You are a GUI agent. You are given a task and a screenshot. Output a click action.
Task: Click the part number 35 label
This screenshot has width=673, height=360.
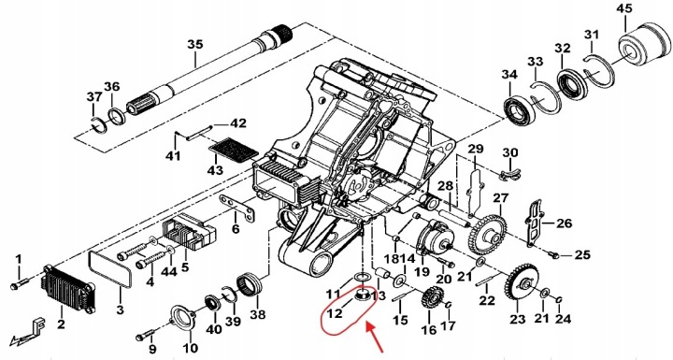click(x=194, y=45)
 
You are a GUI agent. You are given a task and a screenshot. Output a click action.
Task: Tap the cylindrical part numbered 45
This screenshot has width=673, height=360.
click(x=644, y=45)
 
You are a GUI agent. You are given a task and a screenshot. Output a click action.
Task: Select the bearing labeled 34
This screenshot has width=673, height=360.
click(x=519, y=110)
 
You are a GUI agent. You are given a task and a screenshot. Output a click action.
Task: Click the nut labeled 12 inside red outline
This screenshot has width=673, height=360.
click(x=363, y=295)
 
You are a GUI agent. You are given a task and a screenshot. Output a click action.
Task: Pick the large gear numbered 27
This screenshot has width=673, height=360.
click(x=488, y=235)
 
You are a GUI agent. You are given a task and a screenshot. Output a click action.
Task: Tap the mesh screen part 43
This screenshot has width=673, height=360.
click(x=233, y=150)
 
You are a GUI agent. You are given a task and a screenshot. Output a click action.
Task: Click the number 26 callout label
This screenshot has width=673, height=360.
click(x=565, y=223)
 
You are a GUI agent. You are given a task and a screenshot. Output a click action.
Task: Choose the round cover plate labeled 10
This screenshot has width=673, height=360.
click(x=184, y=318)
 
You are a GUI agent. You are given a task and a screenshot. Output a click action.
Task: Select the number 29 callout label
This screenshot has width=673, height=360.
click(x=475, y=150)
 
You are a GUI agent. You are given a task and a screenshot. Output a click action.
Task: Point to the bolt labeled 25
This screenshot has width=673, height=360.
click(x=554, y=254)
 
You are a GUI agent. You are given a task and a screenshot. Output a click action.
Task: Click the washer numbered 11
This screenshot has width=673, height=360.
click(x=364, y=276)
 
